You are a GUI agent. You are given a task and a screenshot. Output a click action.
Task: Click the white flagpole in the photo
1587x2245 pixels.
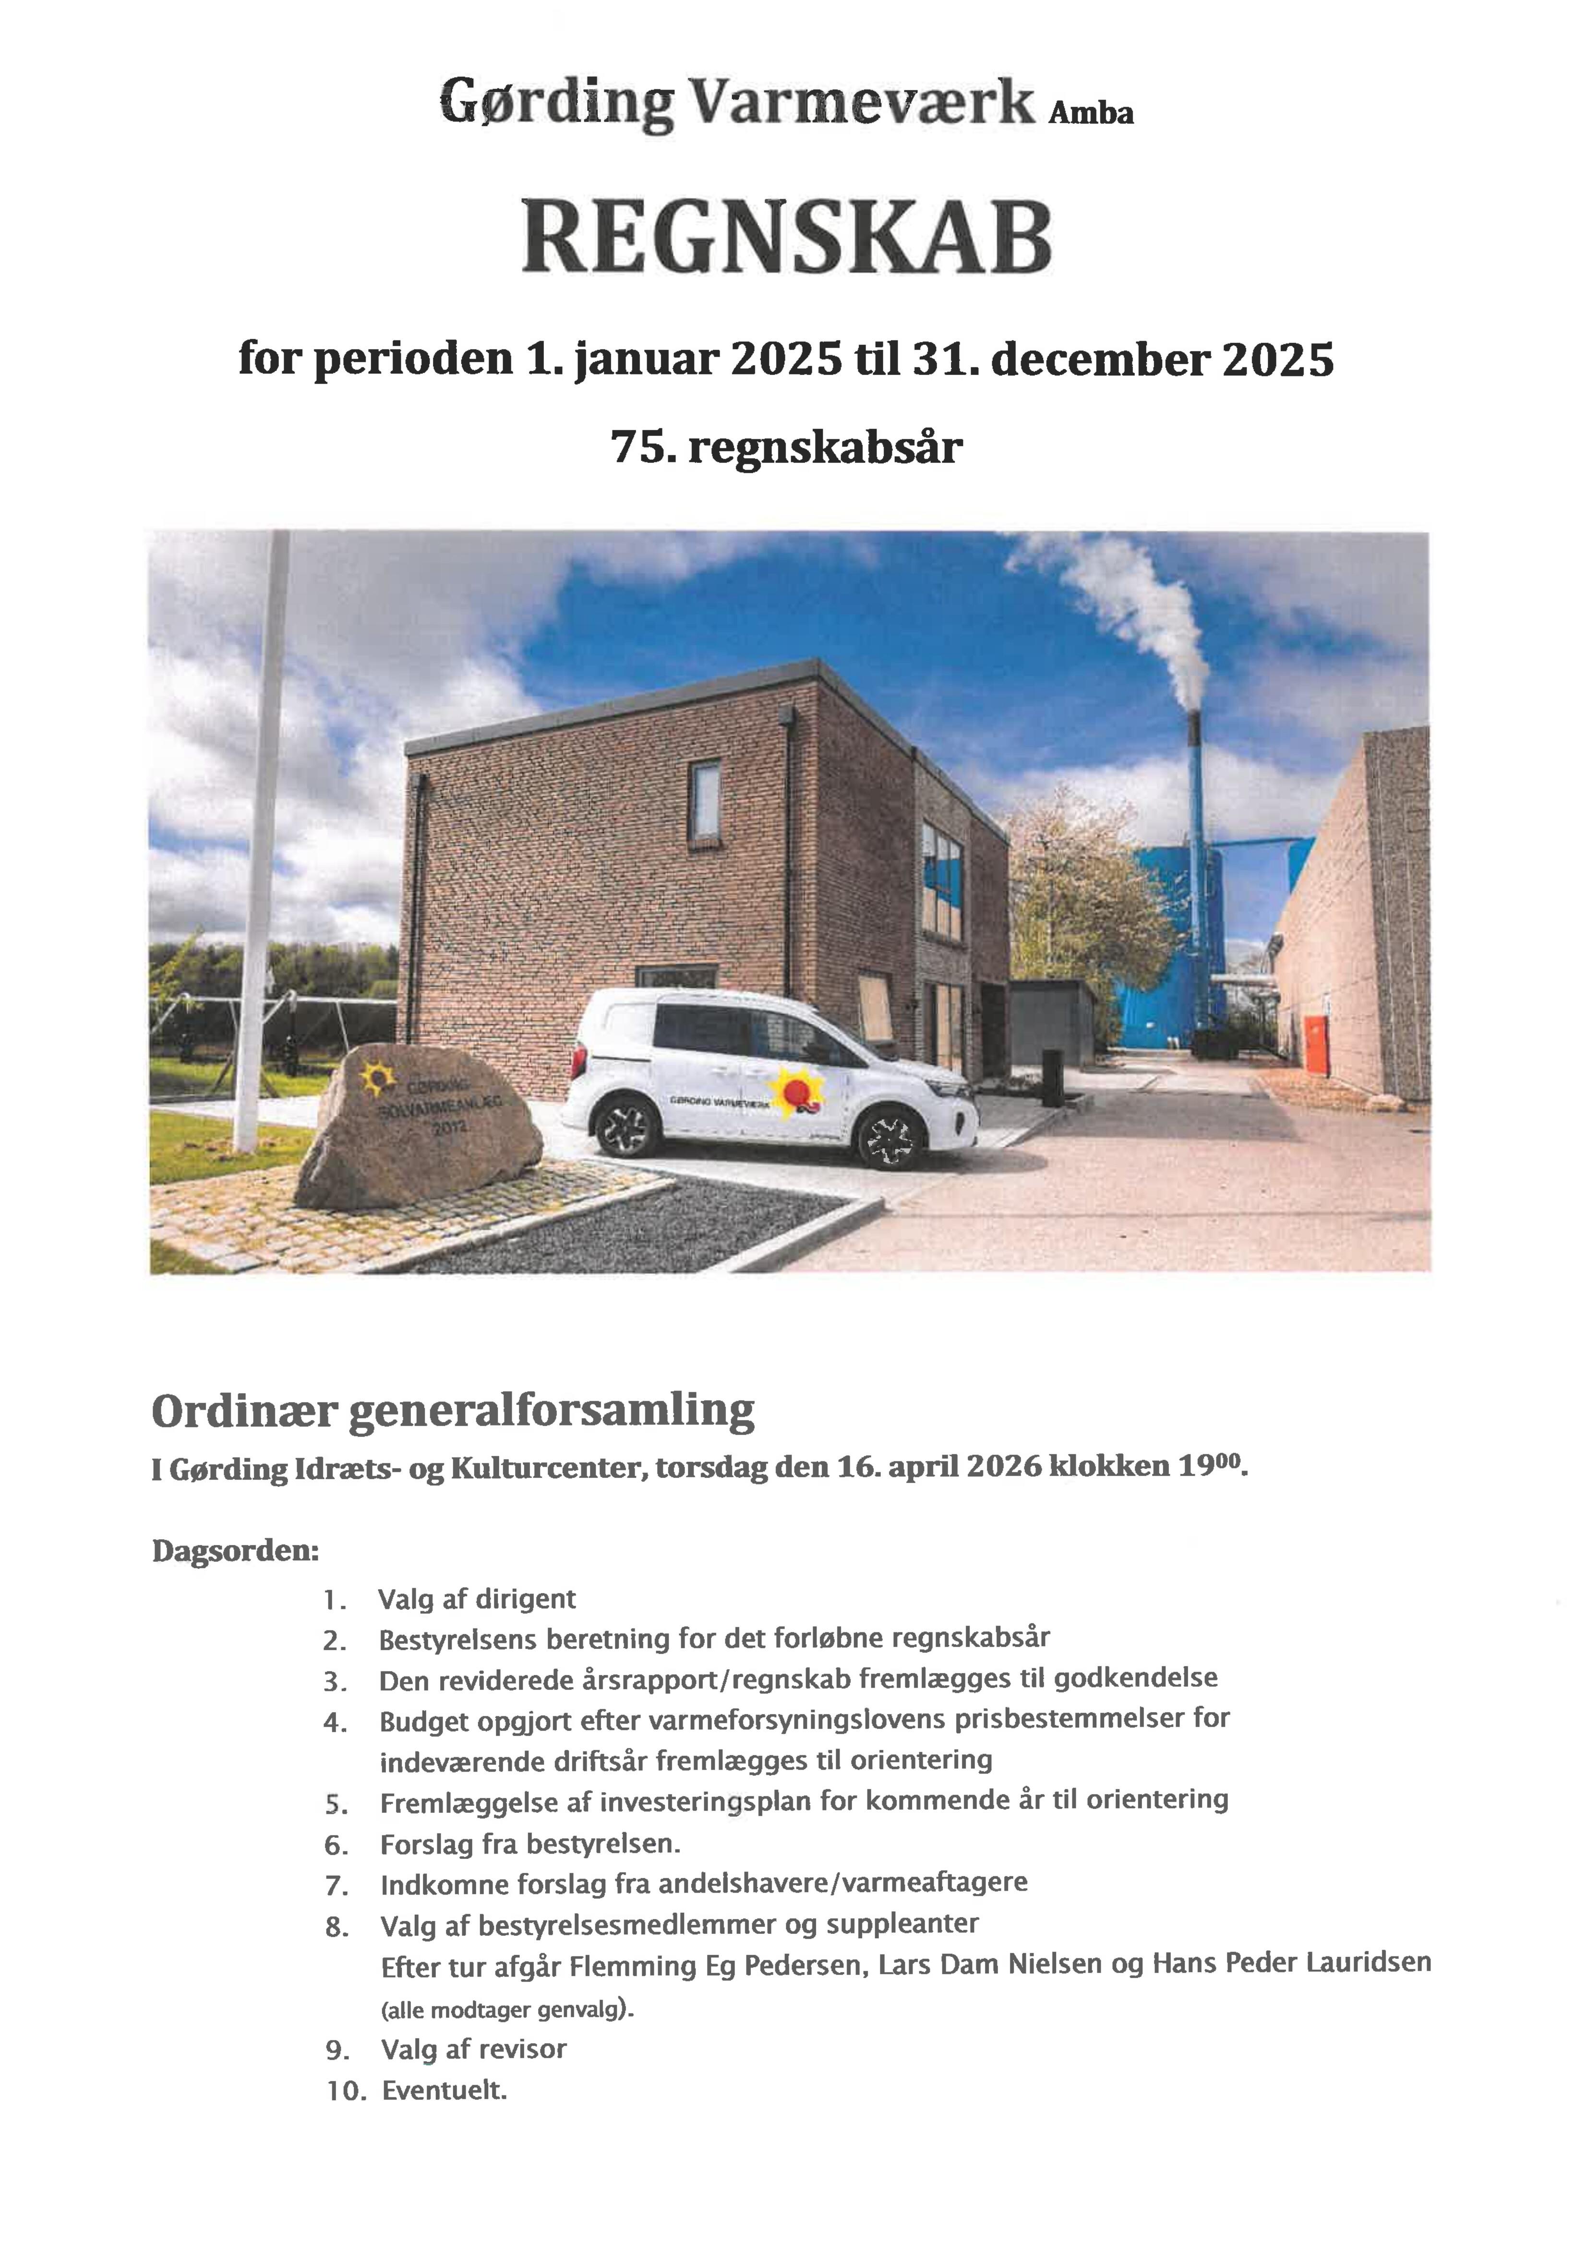[264, 831]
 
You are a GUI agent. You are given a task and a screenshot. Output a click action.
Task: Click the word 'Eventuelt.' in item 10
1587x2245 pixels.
[445, 2090]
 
